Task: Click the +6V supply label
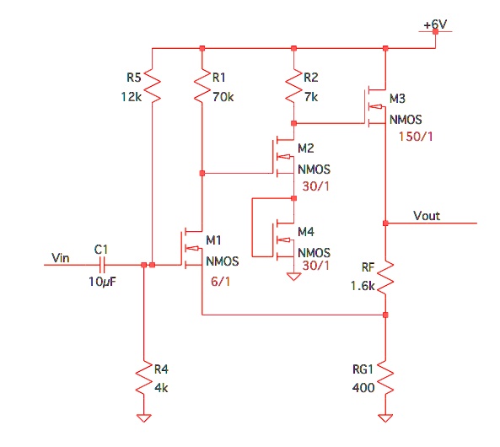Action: [x=435, y=24]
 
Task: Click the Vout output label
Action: [x=427, y=216]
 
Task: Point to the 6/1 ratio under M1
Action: [x=218, y=279]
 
